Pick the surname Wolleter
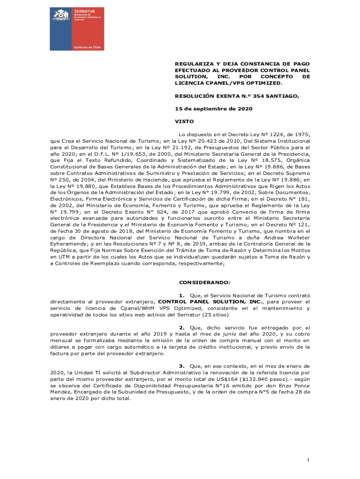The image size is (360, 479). pos(297,237)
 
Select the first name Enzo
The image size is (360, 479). pos(276,386)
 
